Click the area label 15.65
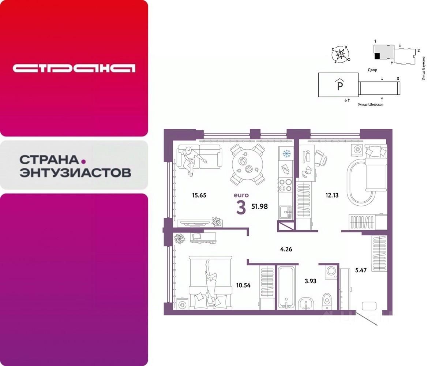[x=199, y=195]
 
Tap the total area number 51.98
[x=259, y=206]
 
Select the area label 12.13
[x=331, y=195]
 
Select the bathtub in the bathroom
[x=285, y=288]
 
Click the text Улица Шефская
[x=370, y=104]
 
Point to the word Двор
[x=372, y=70]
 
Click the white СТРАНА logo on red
[x=74, y=68]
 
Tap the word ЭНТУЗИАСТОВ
[x=75, y=172]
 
